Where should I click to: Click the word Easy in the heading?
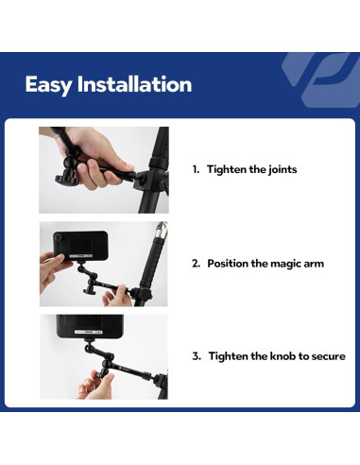click(x=48, y=85)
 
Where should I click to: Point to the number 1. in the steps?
click(x=196, y=169)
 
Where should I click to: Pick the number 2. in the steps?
click(x=196, y=264)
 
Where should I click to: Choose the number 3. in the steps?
click(x=197, y=356)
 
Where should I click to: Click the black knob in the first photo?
click(x=65, y=178)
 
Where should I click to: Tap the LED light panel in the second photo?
click(x=80, y=245)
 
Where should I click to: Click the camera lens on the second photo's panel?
click(x=58, y=237)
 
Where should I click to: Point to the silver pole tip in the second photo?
click(x=162, y=229)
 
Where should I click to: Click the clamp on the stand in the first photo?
click(x=148, y=181)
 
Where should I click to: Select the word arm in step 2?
click(x=314, y=264)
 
